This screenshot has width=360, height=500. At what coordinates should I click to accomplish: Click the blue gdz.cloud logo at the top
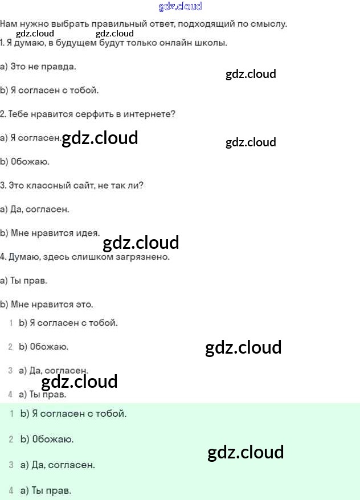(x=179, y=7)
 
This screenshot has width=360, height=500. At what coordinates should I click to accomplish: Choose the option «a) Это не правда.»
(x=38, y=67)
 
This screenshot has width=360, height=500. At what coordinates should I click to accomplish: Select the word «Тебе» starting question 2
(x=17, y=114)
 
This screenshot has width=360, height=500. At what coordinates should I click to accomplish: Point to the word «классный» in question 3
(x=50, y=185)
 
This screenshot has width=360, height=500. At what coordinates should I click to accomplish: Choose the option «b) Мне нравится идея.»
(x=50, y=232)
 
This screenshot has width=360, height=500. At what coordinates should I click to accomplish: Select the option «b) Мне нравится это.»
(x=47, y=304)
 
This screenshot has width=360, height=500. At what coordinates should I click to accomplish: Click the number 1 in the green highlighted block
(x=11, y=413)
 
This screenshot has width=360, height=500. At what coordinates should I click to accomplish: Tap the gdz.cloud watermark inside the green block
(x=246, y=453)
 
